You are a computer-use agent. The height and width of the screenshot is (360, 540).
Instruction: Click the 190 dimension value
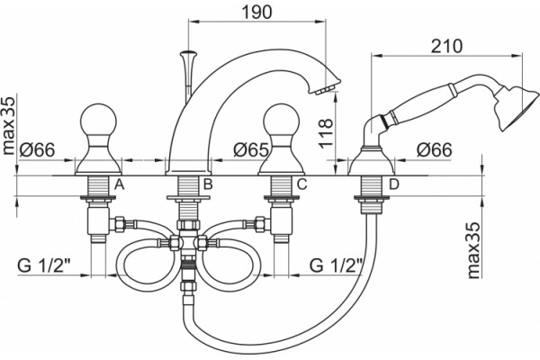256,12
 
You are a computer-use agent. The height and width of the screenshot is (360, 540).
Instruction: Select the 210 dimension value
446,46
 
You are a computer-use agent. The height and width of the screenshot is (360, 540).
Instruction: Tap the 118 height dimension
327,133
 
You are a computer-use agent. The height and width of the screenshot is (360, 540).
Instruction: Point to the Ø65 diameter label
251,150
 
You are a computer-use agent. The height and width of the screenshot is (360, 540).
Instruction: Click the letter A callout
119,184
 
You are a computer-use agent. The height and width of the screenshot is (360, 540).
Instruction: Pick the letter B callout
208,184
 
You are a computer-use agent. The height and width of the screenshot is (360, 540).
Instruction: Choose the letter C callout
301,184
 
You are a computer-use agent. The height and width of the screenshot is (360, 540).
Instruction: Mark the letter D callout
393,184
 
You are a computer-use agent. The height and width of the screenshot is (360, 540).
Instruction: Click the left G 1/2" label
44,265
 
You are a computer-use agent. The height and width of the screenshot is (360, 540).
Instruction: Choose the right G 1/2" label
337,265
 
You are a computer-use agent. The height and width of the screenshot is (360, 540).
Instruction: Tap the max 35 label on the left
9,125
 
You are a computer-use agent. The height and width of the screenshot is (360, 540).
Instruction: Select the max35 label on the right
474,250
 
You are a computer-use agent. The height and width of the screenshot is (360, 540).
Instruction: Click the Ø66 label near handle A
37,150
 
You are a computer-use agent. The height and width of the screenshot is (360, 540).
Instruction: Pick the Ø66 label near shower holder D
434,150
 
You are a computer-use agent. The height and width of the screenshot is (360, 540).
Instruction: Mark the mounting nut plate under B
188,198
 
